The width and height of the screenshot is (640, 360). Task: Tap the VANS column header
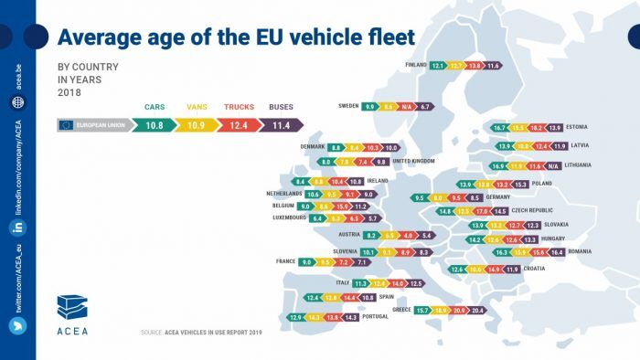pyautogui.click(x=197, y=107)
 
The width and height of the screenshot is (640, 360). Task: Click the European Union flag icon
pyautogui.click(x=66, y=124)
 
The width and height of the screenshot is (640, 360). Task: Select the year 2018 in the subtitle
pyautogui.click(x=70, y=93)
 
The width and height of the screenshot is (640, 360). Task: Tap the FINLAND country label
pyautogui.click(x=415, y=66)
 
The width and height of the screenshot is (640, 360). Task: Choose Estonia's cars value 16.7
pyautogui.click(x=499, y=127)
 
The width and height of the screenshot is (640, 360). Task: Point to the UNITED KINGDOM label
pyautogui.click(x=413, y=162)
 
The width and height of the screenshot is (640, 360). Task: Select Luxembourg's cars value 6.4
pyautogui.click(x=317, y=219)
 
